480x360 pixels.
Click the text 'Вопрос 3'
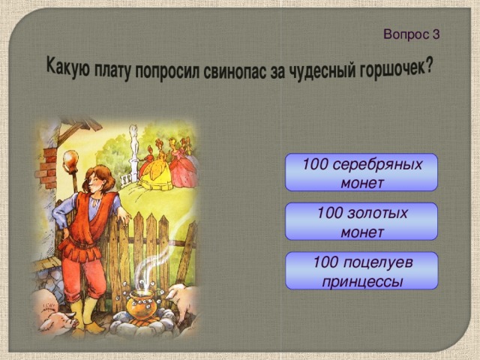pyautogui.click(x=411, y=34)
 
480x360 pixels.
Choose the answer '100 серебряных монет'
pyautogui.click(x=361, y=173)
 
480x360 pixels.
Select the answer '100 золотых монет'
pyautogui.click(x=361, y=222)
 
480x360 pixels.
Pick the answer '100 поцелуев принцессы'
pyautogui.click(x=361, y=271)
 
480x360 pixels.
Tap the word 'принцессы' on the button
pyautogui.click(x=361, y=280)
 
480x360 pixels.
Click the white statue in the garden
pyautogui.click(x=133, y=147)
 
